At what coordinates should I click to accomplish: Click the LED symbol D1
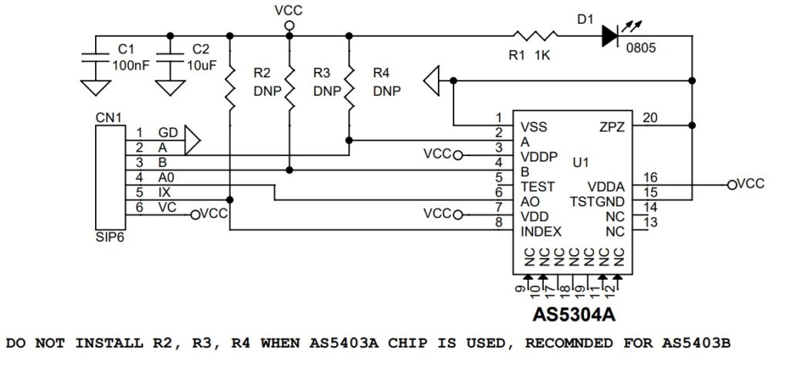tap(610, 35)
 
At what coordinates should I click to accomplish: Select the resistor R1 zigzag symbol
tap(534, 35)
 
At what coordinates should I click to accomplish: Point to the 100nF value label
tap(131, 66)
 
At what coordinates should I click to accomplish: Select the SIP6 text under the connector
tap(108, 238)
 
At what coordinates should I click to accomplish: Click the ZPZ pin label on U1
tap(613, 126)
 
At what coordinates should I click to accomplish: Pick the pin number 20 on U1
tap(650, 117)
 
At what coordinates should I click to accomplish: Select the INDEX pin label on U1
tap(541, 231)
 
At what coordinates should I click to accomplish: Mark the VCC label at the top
tap(289, 10)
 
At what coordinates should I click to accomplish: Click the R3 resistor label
tap(322, 73)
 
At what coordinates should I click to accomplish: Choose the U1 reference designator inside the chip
tap(582, 164)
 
